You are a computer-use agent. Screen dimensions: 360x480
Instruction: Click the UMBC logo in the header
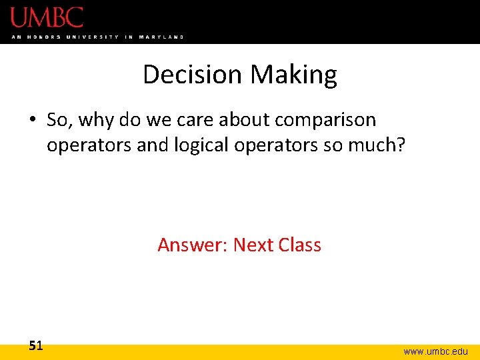click(47, 17)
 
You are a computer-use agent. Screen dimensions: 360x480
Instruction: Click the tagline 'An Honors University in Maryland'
click(97, 37)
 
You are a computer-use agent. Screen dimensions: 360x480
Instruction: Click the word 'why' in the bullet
click(99, 121)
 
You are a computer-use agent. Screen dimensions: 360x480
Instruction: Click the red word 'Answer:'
click(193, 245)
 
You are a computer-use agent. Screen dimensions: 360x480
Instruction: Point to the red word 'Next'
click(253, 245)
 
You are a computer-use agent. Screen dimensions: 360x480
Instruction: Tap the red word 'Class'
click(300, 245)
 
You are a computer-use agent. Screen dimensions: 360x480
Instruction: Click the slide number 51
click(35, 345)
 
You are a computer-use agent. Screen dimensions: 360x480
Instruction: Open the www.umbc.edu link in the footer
click(435, 351)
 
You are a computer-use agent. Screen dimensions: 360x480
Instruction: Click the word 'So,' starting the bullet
click(61, 121)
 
